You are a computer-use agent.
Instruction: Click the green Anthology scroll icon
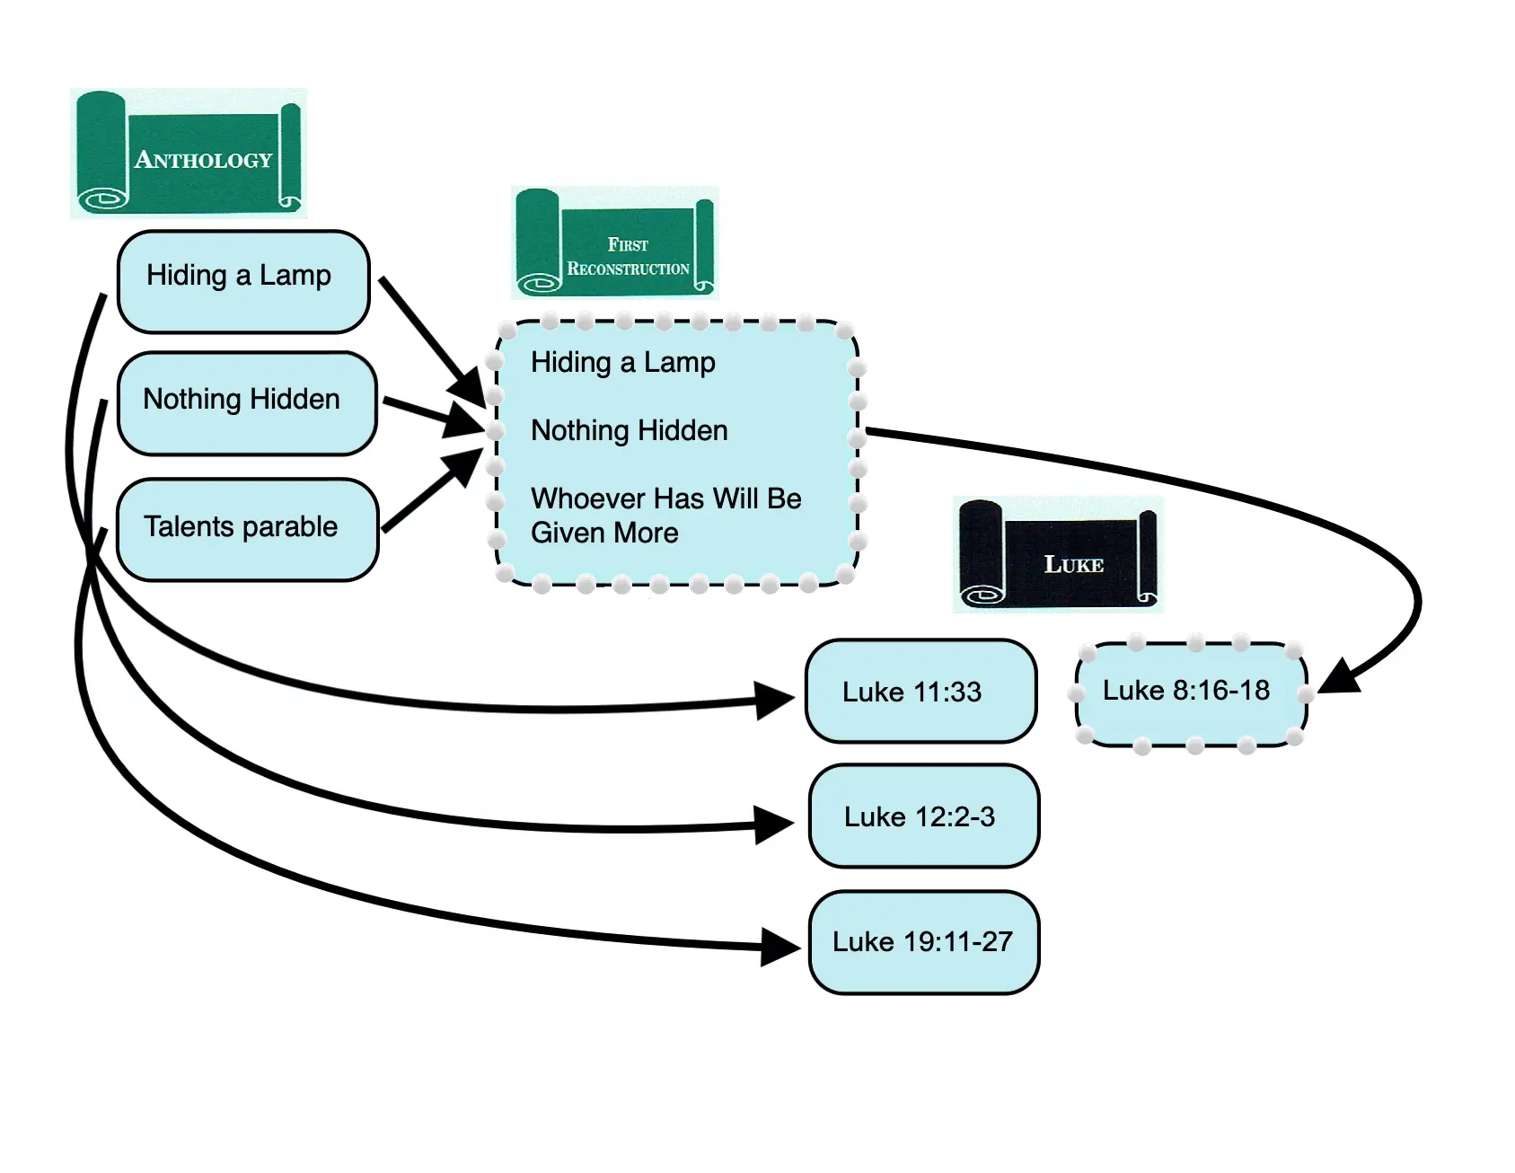click(188, 153)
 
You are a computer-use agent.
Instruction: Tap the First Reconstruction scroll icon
click(614, 243)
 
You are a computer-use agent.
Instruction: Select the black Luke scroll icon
click(1057, 555)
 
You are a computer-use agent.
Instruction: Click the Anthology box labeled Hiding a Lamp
click(242, 281)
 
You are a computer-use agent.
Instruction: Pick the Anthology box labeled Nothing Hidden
click(246, 403)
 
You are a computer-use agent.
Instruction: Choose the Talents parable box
click(247, 530)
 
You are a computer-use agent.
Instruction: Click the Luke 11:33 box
click(920, 692)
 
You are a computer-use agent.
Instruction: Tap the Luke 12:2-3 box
click(924, 816)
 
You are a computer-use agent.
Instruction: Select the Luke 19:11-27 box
click(924, 942)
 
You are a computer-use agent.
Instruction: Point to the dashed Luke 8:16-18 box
click(1190, 692)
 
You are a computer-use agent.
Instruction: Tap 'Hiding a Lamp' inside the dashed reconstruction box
click(622, 363)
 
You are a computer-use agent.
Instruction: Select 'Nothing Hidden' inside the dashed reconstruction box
click(629, 431)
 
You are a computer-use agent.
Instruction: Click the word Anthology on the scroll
click(203, 161)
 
